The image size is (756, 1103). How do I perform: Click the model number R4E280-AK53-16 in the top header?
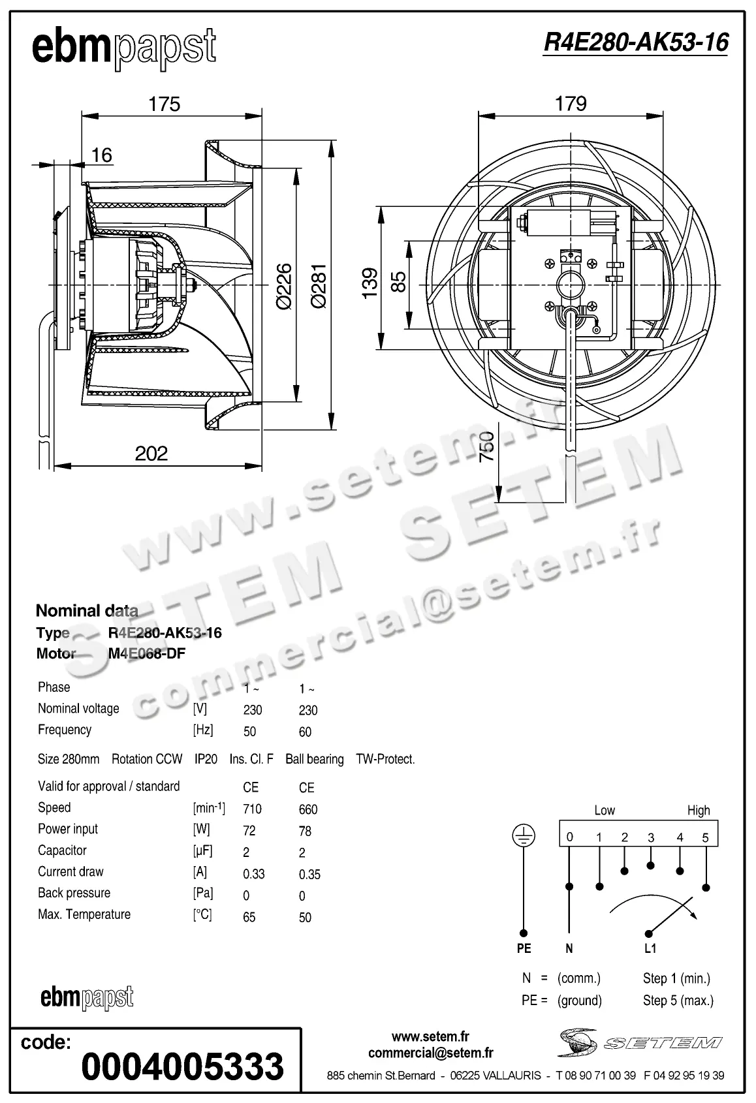pos(635,42)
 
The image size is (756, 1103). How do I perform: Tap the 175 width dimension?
pos(164,104)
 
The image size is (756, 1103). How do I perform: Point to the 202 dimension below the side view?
pos(151,453)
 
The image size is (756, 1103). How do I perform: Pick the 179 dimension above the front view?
pos(571,104)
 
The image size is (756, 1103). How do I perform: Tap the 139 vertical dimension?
pos(370,282)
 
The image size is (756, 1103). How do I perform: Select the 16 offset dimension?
pos(101,155)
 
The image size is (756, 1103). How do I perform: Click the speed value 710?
pos(252,809)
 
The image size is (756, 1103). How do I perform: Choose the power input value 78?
pos(305,831)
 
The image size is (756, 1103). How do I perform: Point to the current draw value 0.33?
pos(254,874)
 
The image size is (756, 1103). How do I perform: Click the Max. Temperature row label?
pos(84,914)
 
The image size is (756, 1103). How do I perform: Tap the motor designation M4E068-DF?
pos(147,653)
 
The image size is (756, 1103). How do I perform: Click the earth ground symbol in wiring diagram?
pos(524,836)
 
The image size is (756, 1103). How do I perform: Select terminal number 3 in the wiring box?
pos(651,837)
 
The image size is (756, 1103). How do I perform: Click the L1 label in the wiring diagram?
pos(650,948)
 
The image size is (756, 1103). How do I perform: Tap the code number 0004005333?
pos(183,1066)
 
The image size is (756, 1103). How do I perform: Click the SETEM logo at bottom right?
pos(640,1042)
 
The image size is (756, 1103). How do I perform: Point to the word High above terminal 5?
pos(698,811)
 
